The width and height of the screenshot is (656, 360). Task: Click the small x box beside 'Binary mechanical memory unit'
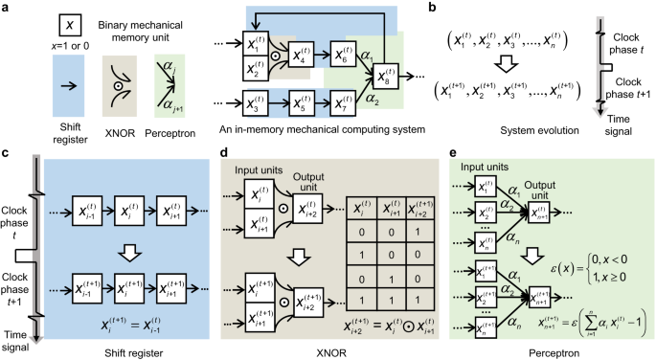pyautogui.click(x=39, y=22)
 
